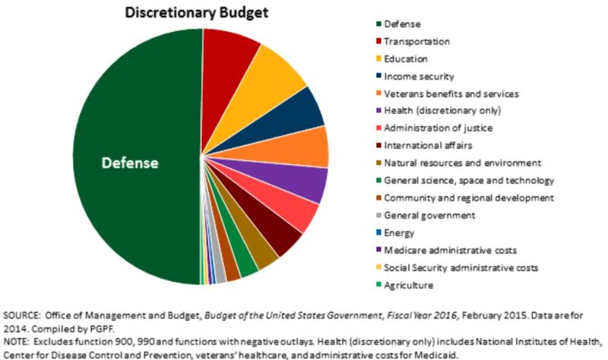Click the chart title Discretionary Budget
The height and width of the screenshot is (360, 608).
[177, 14]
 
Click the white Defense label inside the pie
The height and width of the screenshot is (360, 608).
[131, 163]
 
